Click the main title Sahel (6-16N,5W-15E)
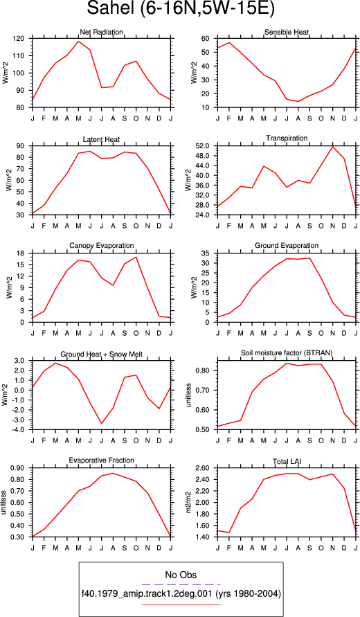[x=180, y=9]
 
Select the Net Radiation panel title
[x=101, y=32]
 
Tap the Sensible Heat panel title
[x=287, y=32]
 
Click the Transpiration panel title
[x=287, y=138]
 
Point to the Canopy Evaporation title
[x=102, y=246]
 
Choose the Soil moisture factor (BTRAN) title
[x=287, y=353]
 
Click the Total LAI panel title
[x=287, y=460]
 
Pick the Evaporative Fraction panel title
[x=102, y=460]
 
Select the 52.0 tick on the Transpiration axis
[x=206, y=146]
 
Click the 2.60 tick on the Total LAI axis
[x=206, y=468]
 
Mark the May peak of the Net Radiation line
[x=78, y=42]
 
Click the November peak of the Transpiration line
[x=333, y=146]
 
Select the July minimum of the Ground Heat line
[x=102, y=423]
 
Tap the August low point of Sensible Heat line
[x=298, y=102]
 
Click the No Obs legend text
[x=181, y=575]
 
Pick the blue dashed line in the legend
[x=181, y=584]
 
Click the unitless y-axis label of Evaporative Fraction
[x=4, y=503]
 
